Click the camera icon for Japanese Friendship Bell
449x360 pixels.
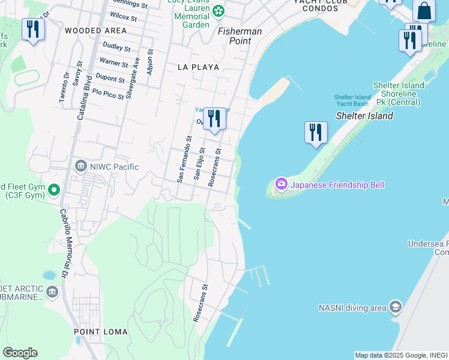click(281, 184)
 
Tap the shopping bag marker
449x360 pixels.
click(424, 11)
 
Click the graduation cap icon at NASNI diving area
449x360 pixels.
click(395, 307)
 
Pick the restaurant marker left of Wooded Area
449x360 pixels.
click(33, 29)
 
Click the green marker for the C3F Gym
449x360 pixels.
click(54, 191)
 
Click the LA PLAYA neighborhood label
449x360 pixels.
click(198, 67)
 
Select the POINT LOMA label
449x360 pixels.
click(99, 332)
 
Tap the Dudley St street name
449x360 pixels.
click(116, 46)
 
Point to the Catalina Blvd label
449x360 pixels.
click(84, 97)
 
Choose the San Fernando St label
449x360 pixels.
click(184, 158)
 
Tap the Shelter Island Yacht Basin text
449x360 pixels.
click(352, 100)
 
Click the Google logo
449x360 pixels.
click(20, 353)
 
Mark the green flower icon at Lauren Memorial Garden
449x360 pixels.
click(218, 10)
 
